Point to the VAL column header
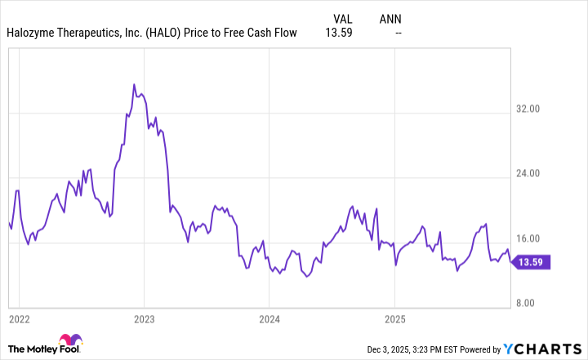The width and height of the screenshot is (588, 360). pos(345,18)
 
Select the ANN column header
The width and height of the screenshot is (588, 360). pos(391,18)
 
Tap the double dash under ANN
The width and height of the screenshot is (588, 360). pos(398,33)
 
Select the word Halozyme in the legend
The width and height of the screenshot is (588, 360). pos(33,33)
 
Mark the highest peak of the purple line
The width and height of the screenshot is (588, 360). pos(134,84)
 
